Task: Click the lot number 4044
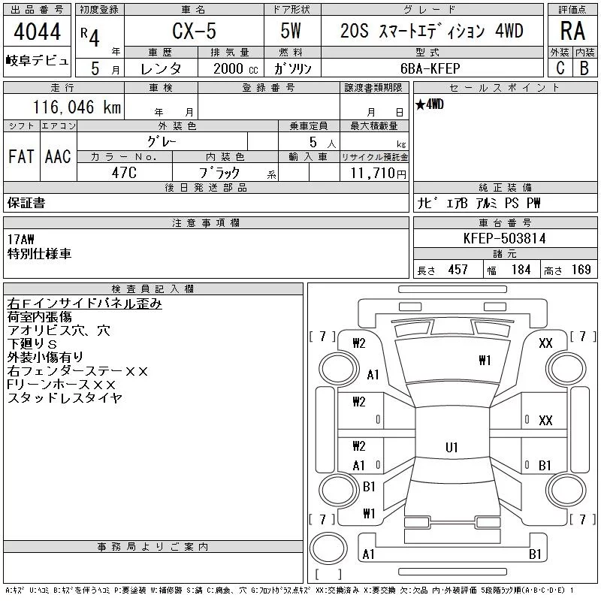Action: (x=37, y=32)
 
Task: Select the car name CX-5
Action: (x=194, y=31)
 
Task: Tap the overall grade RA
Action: (x=572, y=31)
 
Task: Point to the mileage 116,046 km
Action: (x=77, y=107)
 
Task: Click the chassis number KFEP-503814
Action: (x=504, y=238)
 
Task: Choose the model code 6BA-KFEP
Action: (x=430, y=68)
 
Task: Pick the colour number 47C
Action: (x=124, y=173)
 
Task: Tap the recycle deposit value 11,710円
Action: (x=379, y=173)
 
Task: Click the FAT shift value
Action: (x=22, y=156)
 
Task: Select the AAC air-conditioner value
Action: (x=58, y=156)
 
